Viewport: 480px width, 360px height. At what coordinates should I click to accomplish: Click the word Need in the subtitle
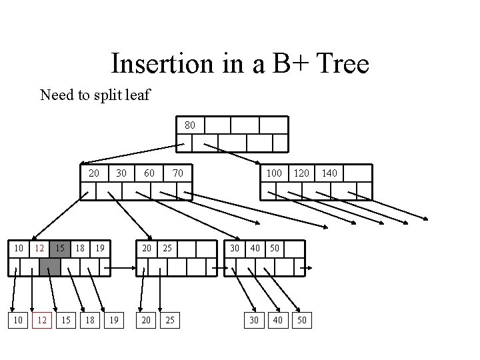point(56,95)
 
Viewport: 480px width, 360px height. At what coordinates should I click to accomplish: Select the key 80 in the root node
point(190,125)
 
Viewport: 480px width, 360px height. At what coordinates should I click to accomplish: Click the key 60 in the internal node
point(149,173)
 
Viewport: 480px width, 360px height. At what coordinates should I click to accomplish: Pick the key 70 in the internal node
point(177,173)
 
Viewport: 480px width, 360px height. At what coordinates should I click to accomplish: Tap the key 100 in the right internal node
point(273,173)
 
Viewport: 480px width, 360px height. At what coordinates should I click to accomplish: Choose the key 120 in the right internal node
point(301,173)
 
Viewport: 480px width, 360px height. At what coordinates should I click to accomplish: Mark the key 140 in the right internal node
point(329,173)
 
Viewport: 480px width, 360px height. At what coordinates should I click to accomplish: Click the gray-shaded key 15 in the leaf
point(60,248)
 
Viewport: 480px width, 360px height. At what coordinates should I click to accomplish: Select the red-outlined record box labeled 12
point(41,321)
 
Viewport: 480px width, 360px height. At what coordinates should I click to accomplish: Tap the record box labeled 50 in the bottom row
point(302,321)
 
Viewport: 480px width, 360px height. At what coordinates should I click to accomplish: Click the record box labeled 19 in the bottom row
point(113,321)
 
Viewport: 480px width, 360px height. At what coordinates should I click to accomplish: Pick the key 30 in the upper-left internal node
point(121,173)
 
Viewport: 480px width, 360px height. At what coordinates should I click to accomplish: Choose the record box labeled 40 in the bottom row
point(278,321)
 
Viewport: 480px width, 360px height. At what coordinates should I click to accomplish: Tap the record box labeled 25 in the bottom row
point(170,321)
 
